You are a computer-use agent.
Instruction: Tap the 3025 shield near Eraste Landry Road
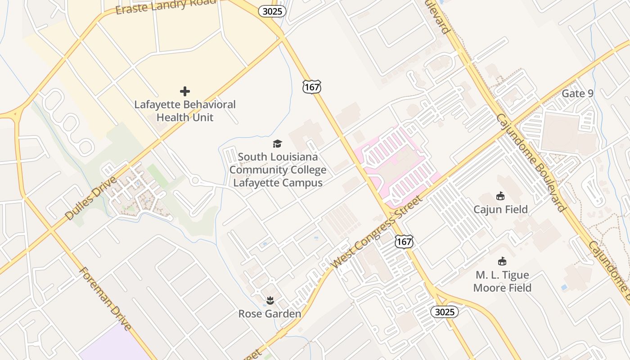pos(272,11)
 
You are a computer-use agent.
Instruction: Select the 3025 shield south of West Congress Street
pos(445,312)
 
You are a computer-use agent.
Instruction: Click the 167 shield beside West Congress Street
pos(404,242)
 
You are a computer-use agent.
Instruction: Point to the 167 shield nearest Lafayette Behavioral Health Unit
pos(312,86)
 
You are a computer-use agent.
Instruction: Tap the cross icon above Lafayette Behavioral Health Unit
pos(185,91)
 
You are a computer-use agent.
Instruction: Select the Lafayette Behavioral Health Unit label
pos(185,111)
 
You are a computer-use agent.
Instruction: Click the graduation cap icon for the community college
pos(277,144)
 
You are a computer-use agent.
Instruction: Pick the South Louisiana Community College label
pos(278,170)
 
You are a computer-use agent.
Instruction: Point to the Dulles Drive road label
pos(91,198)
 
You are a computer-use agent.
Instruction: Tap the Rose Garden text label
pos(270,314)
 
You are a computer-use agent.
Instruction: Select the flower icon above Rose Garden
pos(270,300)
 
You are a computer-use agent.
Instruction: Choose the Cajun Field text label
pos(500,209)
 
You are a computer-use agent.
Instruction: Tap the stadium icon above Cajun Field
pos(500,196)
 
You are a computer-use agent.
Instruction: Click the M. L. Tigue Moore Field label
pos(502,281)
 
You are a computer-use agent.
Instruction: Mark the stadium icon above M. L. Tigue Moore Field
pos(502,261)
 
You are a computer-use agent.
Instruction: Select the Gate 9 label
pos(577,94)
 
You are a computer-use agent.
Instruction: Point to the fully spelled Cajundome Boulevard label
pos(531,162)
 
